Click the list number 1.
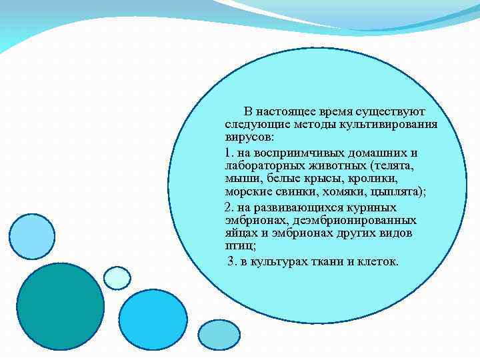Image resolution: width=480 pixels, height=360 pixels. [229, 152]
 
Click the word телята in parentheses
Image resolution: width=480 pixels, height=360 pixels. [393, 165]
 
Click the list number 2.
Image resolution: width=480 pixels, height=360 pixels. [229, 207]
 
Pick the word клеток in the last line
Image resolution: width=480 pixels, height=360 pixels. [377, 261]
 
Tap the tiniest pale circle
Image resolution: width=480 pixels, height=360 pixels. [117, 278]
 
